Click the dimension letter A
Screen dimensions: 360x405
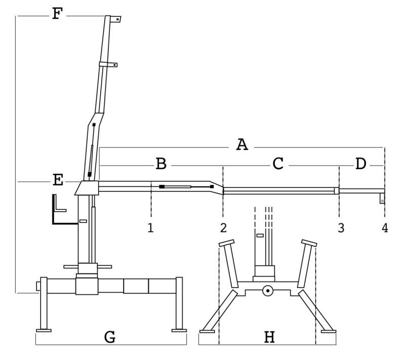point(242,145)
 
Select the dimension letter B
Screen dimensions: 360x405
point(160,164)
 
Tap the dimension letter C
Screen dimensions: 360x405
point(278,164)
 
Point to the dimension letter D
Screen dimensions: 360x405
point(360,164)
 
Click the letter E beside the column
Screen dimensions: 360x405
point(58,180)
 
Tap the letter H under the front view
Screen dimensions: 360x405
point(269,336)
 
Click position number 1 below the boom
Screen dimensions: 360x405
point(150,227)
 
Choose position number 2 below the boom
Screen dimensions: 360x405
point(223,227)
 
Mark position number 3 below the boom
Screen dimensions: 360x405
point(341,228)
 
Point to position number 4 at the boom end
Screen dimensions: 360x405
point(385,228)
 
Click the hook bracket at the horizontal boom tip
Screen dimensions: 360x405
point(383,198)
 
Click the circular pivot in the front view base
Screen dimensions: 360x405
point(267,291)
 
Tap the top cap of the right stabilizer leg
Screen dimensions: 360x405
point(309,243)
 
